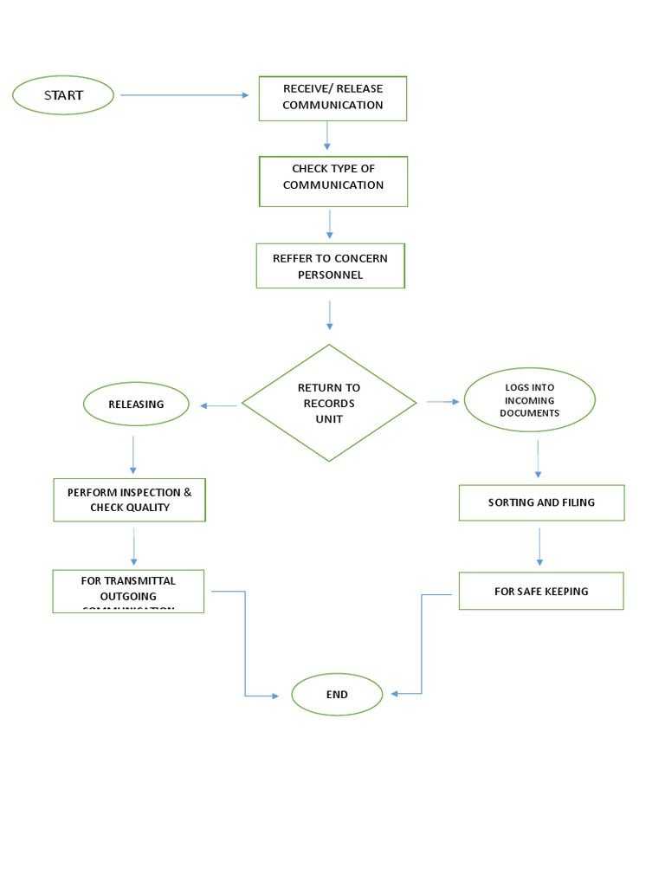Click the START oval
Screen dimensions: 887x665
pos(63,95)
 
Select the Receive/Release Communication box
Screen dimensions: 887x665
pos(332,97)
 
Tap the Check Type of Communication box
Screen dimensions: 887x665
pos(332,180)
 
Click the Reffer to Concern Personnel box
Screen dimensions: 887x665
pos(330,266)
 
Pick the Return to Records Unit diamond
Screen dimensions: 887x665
pos(329,403)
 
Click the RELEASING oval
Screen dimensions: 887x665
pos(136,405)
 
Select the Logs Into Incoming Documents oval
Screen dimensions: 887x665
pos(530,400)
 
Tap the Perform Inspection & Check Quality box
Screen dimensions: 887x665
pos(130,500)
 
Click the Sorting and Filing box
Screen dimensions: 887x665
pos(541,502)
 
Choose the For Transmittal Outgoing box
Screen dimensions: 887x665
pos(128,591)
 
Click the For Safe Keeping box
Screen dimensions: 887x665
pos(541,591)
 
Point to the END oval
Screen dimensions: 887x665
pos(337,695)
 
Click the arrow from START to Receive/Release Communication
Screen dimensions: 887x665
pos(184,95)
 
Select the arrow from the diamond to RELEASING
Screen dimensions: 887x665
pos(218,405)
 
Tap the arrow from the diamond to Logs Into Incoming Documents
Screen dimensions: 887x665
pos(442,402)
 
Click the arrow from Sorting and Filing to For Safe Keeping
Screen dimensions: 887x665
pos(540,546)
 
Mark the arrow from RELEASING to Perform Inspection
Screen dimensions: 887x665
pos(133,455)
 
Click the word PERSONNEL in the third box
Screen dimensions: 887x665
pos(330,275)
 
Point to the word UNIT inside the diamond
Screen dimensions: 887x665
pos(329,419)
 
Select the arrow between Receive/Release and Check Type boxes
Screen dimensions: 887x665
pos(327,135)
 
